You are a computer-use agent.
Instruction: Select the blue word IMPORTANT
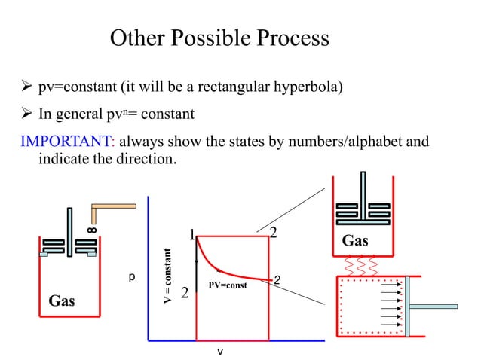[x=49, y=140]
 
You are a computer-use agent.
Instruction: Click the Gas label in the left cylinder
[x=62, y=301]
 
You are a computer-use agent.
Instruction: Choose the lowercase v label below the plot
[x=219, y=351]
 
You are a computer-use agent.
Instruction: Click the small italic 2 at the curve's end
[x=277, y=281]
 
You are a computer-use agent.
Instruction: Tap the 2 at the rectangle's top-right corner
[x=274, y=232]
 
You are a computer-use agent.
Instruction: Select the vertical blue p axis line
[x=150, y=286]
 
